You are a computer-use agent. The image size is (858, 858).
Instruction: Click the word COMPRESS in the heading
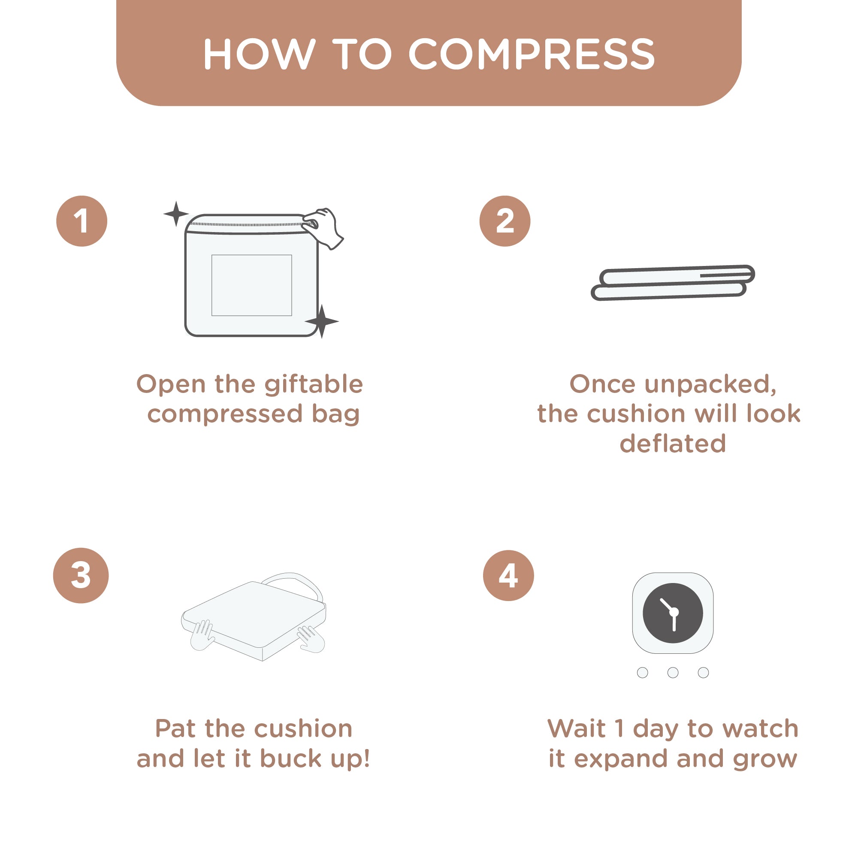pos(532,54)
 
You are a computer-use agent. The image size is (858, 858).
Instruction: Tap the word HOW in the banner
pos(260,54)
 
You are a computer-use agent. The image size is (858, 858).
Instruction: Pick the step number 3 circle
pos(81,575)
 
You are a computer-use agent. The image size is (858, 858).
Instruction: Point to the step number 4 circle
pos(508,575)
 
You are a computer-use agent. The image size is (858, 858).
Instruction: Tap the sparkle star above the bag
pos(176,214)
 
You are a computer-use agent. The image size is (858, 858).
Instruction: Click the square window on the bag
pos(251,285)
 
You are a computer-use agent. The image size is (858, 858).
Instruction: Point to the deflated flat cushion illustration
pos(672,283)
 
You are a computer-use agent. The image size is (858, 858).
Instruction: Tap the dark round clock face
pos(673,613)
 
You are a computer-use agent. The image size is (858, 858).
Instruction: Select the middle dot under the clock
pos(673,672)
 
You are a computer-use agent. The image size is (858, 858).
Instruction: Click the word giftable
pos(314,384)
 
